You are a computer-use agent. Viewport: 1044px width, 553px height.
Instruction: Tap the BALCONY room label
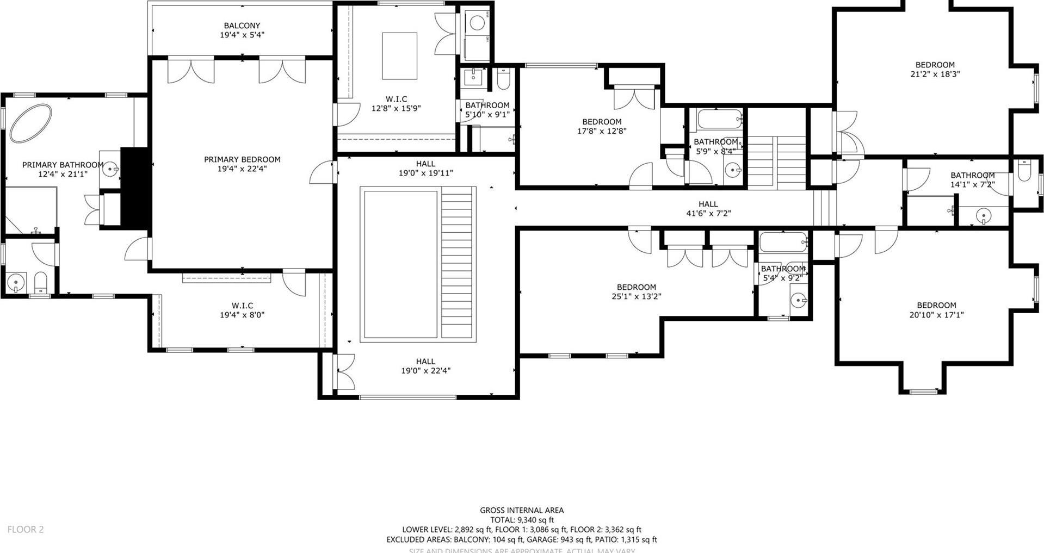[x=242, y=26]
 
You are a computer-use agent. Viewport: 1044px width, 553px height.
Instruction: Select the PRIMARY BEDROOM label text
[x=242, y=159]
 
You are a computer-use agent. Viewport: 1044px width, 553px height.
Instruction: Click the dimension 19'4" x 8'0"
[x=242, y=314]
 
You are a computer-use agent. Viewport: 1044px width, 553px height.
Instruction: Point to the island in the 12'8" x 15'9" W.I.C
[x=399, y=56]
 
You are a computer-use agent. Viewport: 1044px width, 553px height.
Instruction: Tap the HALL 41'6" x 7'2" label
[x=708, y=209]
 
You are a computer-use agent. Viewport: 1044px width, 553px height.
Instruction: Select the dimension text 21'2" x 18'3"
[x=935, y=74]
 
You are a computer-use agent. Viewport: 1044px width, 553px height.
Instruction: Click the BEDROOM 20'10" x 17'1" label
[x=936, y=309]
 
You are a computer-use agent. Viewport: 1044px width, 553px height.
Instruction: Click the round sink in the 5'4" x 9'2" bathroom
[x=798, y=300]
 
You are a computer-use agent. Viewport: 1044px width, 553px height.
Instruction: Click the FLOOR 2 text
[x=26, y=529]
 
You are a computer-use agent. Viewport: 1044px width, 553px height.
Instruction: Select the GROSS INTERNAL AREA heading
[x=521, y=510]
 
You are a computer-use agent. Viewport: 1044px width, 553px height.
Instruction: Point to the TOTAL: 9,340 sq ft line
[x=521, y=520]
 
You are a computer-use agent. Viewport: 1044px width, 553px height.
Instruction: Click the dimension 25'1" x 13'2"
[x=636, y=296]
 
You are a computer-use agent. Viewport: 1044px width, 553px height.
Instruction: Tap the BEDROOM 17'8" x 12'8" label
[x=601, y=126]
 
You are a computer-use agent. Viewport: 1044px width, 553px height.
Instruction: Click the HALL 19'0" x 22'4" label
[x=425, y=366]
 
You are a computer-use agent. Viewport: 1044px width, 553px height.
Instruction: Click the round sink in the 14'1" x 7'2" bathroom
[x=983, y=216]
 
